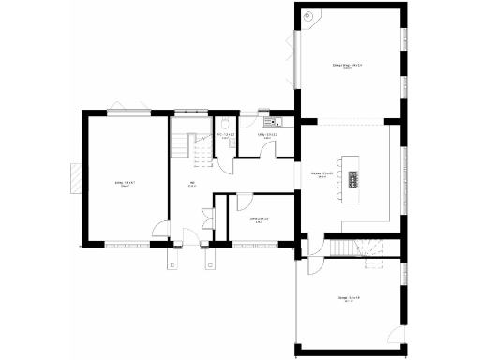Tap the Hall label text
(192, 184)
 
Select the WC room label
(226, 136)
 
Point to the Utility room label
(265, 136)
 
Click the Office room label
(261, 219)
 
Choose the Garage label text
(349, 299)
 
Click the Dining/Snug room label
(347, 66)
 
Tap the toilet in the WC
(228, 124)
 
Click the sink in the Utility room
(273, 120)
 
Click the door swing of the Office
(243, 202)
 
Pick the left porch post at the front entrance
(172, 261)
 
